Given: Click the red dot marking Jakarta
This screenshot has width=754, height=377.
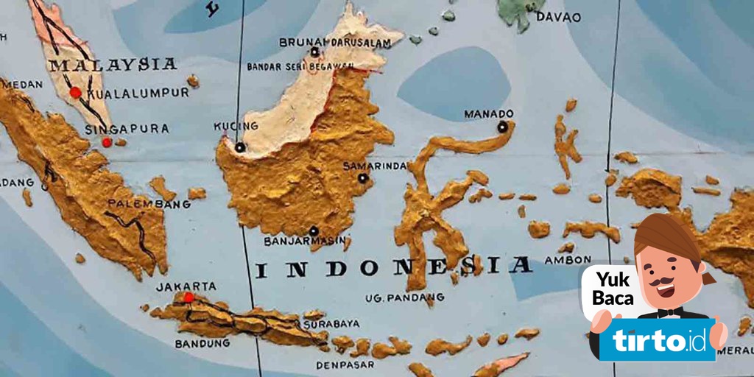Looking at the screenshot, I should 188,297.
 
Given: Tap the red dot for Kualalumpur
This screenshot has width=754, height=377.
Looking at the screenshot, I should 75,93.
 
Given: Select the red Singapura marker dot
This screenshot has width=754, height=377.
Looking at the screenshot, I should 107,142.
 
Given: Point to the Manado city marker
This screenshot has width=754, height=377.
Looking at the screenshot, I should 502,127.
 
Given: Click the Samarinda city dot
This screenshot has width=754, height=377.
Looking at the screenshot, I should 362,177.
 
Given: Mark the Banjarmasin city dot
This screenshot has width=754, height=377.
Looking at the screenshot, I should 314,230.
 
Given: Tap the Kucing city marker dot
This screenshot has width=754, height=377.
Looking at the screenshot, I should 240,147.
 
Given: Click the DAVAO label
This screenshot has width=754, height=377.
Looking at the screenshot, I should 559,16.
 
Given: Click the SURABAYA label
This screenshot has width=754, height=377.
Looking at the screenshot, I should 333,323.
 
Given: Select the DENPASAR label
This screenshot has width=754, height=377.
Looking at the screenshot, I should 341,364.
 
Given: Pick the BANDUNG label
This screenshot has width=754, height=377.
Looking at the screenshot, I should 202,343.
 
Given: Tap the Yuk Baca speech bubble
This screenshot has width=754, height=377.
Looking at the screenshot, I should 608,289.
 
